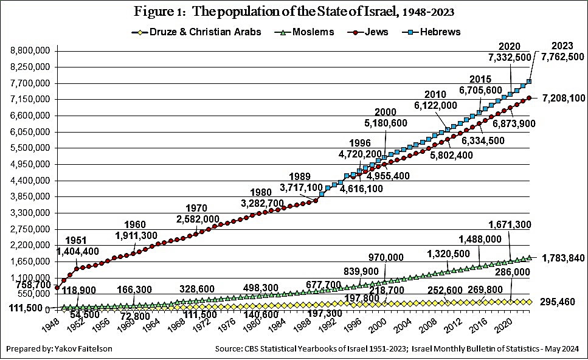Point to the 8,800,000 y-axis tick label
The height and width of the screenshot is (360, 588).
pyautogui.click(x=30, y=51)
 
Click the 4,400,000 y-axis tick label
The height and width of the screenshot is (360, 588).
pyautogui.click(x=30, y=181)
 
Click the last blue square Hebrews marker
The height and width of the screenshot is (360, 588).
pyautogui.click(x=530, y=81)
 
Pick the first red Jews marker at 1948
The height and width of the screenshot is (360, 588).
pyautogui.click(x=57, y=288)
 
